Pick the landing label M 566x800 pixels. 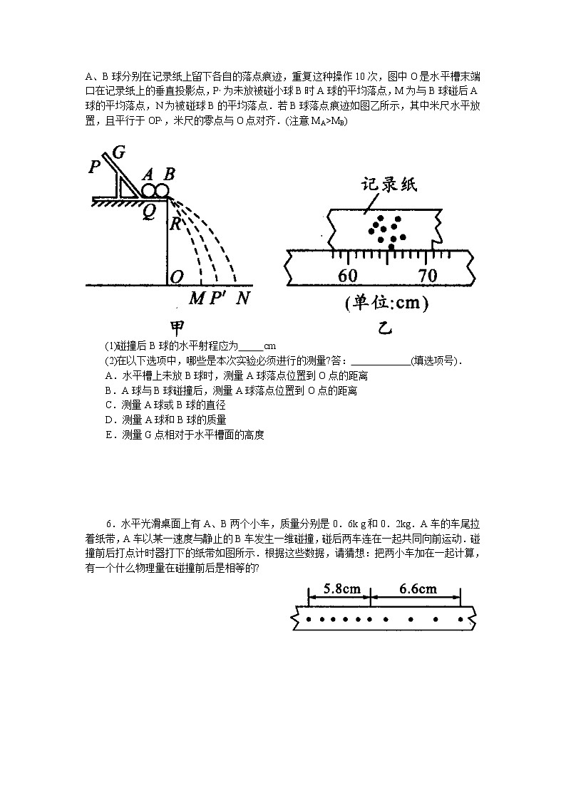coord(195,298)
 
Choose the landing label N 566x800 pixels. coord(242,298)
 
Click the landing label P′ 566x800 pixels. coord(218,298)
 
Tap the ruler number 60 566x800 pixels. coord(348,275)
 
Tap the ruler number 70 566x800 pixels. coord(427,275)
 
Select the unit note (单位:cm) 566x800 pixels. coord(386,304)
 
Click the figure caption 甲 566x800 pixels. coord(177,328)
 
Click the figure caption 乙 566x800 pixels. coord(386,328)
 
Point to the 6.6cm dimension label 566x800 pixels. coord(418,588)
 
